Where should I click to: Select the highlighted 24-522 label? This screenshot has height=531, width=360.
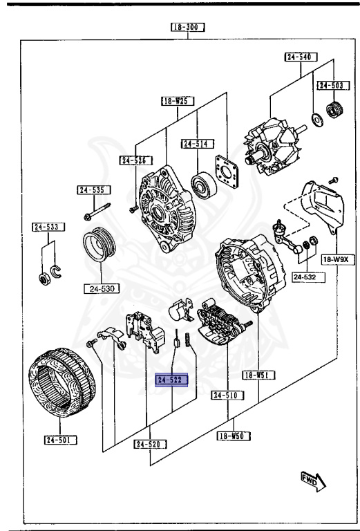tap(172, 380)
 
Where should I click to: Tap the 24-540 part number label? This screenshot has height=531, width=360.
tap(299, 57)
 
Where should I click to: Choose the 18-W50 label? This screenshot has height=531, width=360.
tap(233, 436)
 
